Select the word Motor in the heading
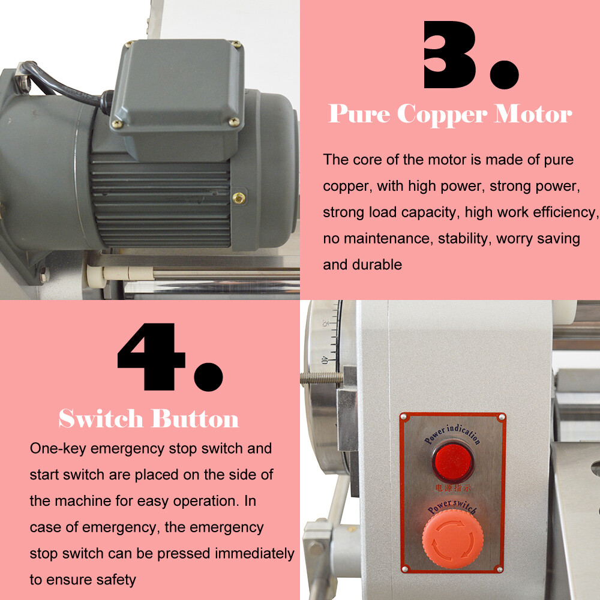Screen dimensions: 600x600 pos(533,114)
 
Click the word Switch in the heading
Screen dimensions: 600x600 pos(101,419)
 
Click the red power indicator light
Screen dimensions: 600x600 pos(453,461)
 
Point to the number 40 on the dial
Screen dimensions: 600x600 pos(325,360)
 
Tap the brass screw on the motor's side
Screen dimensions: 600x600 pos(239,197)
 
